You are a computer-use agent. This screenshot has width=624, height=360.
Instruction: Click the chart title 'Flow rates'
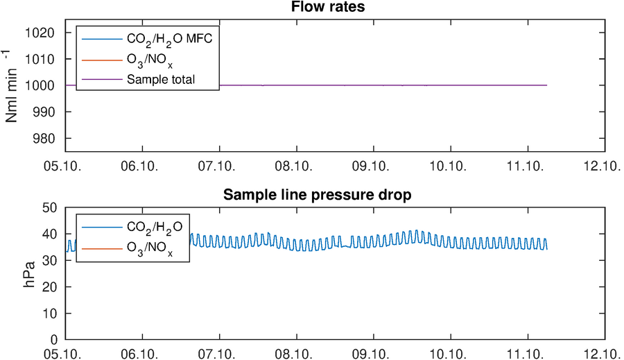[x=328, y=7]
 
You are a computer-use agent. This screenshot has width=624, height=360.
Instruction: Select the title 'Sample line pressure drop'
[x=317, y=195]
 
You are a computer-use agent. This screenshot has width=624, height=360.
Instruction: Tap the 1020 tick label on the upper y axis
[x=40, y=33]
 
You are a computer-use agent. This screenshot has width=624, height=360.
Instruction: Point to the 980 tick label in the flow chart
[x=44, y=139]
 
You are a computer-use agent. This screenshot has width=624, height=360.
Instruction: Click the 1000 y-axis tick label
[x=40, y=85]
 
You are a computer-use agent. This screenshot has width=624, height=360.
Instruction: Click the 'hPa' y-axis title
[x=29, y=275]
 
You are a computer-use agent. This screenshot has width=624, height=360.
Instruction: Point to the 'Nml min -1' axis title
[x=12, y=87]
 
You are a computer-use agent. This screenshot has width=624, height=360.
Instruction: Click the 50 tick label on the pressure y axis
[x=49, y=207]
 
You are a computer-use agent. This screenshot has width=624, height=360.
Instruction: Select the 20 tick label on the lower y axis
[x=49, y=287]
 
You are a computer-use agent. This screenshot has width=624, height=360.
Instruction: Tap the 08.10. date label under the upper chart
[x=294, y=166]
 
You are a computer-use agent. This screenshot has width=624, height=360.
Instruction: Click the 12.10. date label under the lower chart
[x=603, y=354]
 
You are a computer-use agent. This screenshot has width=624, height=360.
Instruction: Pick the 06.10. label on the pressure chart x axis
[x=139, y=354]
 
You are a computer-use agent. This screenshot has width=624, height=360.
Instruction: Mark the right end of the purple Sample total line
[x=547, y=85]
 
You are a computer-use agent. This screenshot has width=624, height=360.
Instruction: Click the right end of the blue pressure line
[x=547, y=249]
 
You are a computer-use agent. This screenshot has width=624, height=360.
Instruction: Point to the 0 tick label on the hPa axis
[x=53, y=340]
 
